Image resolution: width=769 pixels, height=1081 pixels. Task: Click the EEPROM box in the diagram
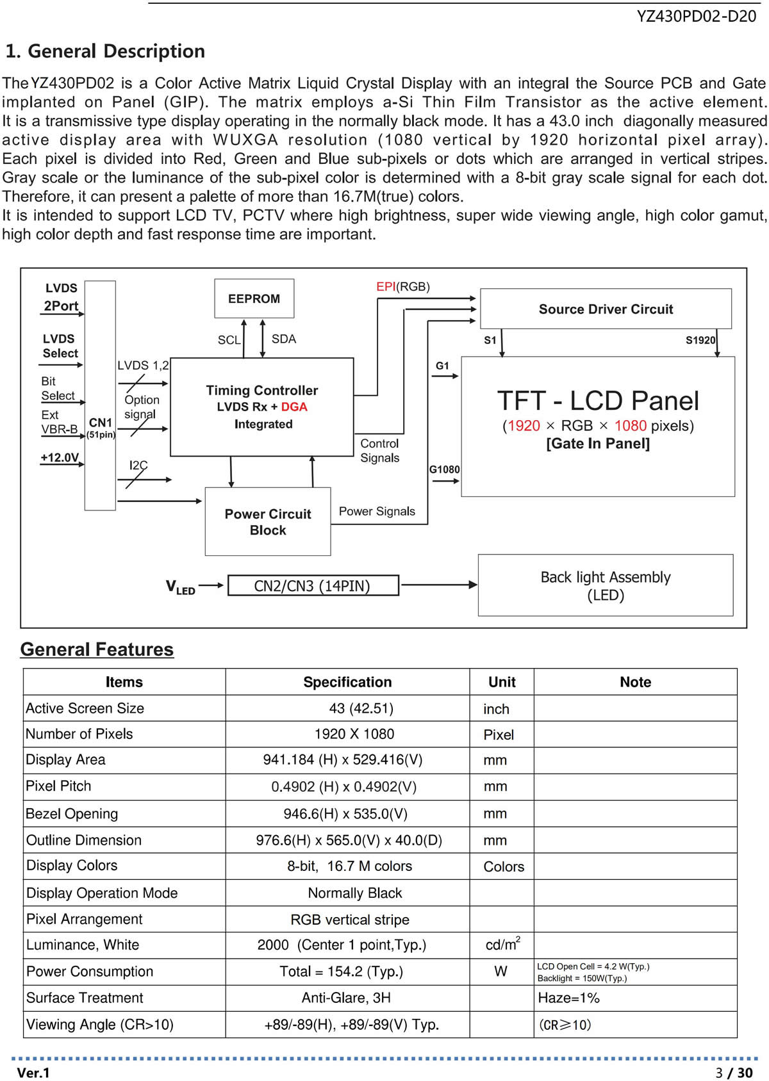click(x=254, y=298)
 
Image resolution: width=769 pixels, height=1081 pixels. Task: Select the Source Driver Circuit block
click(x=606, y=309)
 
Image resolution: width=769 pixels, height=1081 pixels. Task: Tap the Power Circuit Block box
click(x=268, y=521)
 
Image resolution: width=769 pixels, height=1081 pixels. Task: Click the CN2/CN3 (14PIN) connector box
click(x=313, y=585)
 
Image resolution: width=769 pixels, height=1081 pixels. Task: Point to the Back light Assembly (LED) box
click(x=606, y=585)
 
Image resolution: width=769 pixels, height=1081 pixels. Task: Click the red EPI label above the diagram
click(x=386, y=286)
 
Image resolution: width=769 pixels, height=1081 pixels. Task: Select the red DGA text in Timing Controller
click(x=294, y=407)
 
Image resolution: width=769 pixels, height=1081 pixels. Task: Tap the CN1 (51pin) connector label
click(x=101, y=427)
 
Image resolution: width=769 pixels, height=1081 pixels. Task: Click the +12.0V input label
click(x=60, y=457)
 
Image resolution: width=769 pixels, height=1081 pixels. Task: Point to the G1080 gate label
click(x=444, y=469)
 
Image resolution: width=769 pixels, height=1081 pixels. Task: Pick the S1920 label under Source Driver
click(x=700, y=340)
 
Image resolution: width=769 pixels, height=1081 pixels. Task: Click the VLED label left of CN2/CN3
click(x=180, y=587)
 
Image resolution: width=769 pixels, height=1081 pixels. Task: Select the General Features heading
click(x=97, y=649)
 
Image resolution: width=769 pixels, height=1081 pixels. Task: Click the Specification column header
click(x=347, y=682)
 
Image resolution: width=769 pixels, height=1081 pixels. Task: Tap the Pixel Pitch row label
click(x=58, y=786)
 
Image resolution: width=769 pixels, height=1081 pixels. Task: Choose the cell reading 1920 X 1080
click(x=354, y=734)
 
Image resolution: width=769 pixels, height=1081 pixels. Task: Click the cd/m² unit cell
click(x=502, y=944)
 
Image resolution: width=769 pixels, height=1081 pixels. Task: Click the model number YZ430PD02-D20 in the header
click(x=696, y=16)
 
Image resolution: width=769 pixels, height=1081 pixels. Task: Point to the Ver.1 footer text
click(x=33, y=1073)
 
